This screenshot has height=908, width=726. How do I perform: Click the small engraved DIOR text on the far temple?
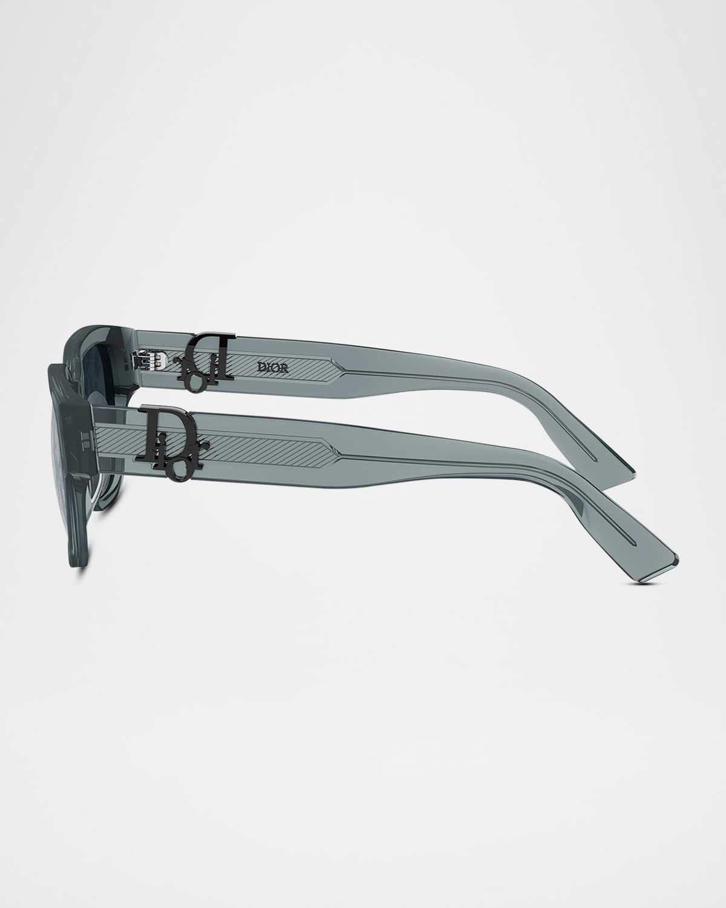pos(273,368)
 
